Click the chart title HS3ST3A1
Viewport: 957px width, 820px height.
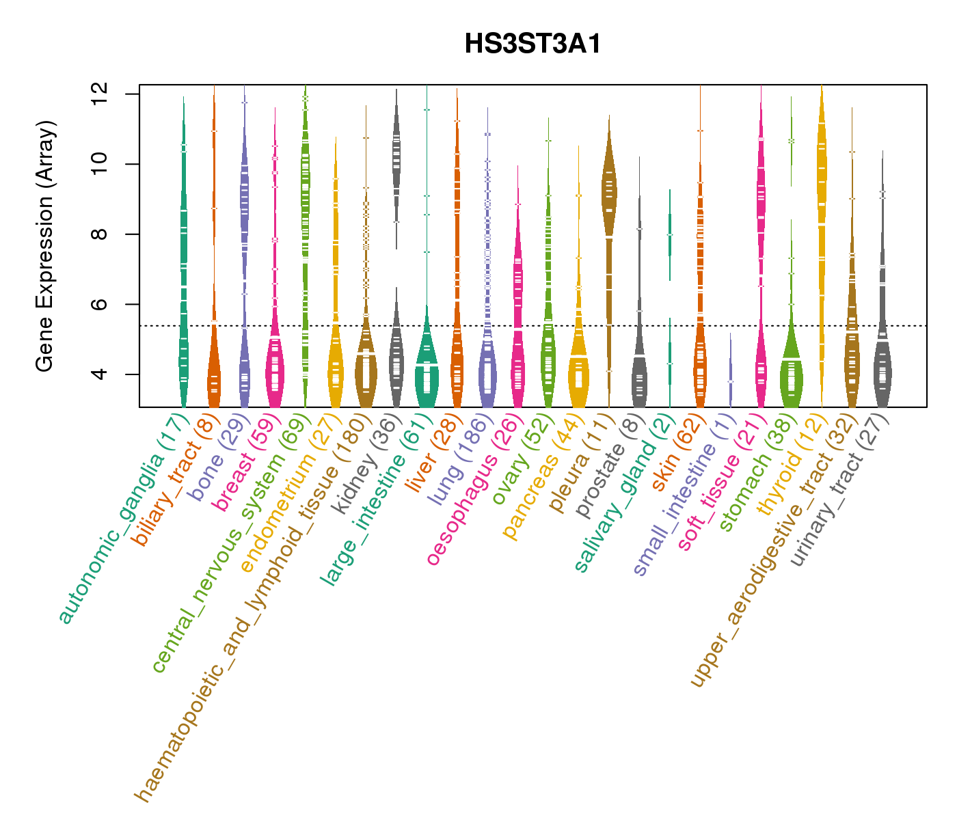(x=533, y=44)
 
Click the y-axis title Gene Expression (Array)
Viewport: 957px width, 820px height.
(x=45, y=247)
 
